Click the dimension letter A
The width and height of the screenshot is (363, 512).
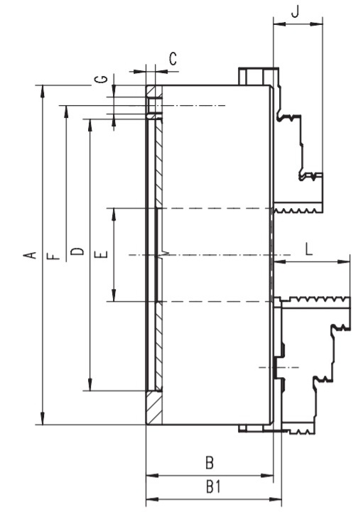point(30,255)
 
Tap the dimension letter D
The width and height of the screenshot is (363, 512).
point(77,251)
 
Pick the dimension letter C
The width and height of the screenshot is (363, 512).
point(173,59)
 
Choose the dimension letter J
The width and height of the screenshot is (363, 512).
point(295,11)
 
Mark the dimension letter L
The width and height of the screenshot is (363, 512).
point(309,249)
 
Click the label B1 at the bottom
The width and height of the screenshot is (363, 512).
point(213,487)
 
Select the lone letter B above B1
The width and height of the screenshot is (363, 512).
point(210,463)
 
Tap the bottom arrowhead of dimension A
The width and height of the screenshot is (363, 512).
point(43,418)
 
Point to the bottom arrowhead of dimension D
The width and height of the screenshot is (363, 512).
point(90,385)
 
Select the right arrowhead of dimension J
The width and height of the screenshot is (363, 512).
point(316,24)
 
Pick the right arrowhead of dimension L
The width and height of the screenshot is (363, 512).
point(344,261)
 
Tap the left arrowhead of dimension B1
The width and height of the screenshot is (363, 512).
point(152,499)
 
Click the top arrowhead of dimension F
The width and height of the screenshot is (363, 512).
point(66,111)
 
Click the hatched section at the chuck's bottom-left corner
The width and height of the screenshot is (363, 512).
point(154,408)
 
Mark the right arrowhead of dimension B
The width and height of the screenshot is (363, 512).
point(266,476)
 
